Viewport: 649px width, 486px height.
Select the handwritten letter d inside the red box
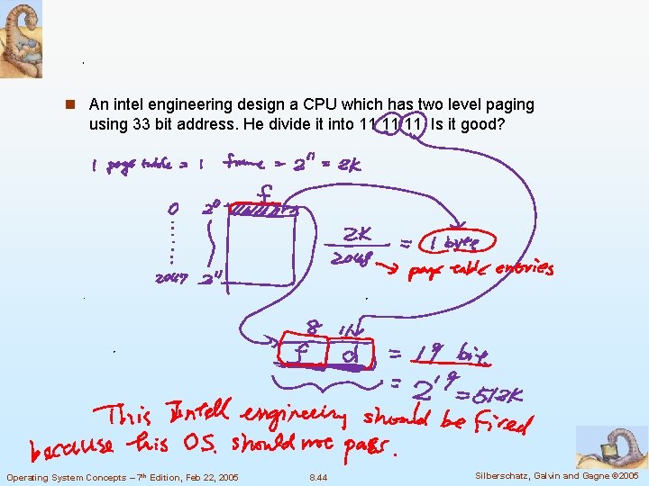pos(352,355)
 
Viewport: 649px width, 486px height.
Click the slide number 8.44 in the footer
pos(318,477)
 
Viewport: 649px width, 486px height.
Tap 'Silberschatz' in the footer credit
pos(497,475)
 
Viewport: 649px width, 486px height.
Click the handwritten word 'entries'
pos(524,268)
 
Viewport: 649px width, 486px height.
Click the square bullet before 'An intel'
pos(79,105)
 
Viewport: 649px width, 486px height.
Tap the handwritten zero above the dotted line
pos(173,208)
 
